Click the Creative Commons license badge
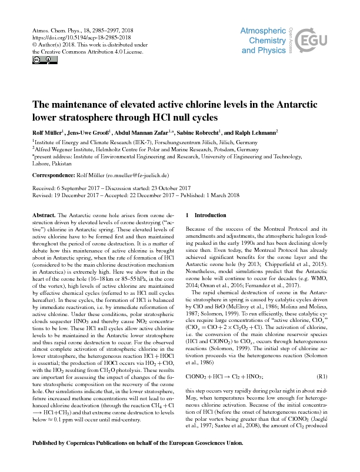coord(38,60)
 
